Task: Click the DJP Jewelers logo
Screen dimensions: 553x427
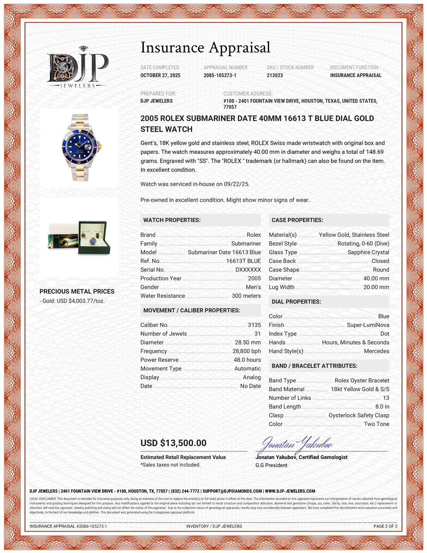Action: click(x=77, y=68)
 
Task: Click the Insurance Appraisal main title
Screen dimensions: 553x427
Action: click(x=205, y=47)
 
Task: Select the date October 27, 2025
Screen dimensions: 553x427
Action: click(x=161, y=75)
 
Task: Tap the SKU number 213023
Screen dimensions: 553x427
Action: click(x=275, y=75)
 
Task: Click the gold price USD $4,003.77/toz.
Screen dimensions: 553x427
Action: click(x=72, y=301)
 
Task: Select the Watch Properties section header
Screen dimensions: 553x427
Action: click(x=172, y=220)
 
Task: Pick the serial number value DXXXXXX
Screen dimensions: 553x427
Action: click(x=248, y=270)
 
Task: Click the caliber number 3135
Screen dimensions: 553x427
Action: click(x=254, y=325)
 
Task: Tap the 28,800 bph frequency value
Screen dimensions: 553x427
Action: click(x=246, y=351)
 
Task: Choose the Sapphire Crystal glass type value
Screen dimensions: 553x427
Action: click(x=368, y=252)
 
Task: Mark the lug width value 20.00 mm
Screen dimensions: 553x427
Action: click(x=376, y=287)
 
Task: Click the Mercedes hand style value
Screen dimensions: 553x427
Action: click(x=376, y=351)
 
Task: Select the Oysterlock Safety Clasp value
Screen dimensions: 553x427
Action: click(x=359, y=415)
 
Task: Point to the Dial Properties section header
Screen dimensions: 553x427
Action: click(x=296, y=302)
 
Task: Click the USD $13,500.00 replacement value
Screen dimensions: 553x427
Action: click(x=173, y=443)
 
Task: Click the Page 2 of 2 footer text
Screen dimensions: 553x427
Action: click(x=385, y=526)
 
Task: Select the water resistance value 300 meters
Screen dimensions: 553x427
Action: click(x=246, y=296)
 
